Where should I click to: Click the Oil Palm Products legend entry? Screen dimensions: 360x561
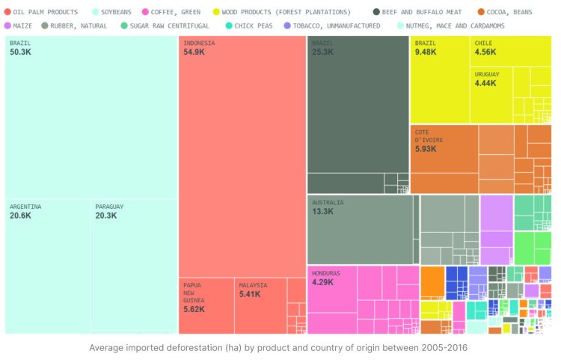(45, 13)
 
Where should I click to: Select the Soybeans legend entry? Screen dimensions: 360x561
(117, 13)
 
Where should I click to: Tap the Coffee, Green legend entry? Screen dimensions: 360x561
(174, 13)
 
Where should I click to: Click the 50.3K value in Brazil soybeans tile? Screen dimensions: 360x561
(20, 52)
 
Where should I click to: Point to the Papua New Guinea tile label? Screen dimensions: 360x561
(194, 296)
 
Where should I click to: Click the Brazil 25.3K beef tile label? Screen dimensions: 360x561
(322, 48)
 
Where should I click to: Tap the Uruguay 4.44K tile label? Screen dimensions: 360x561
(487, 79)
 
